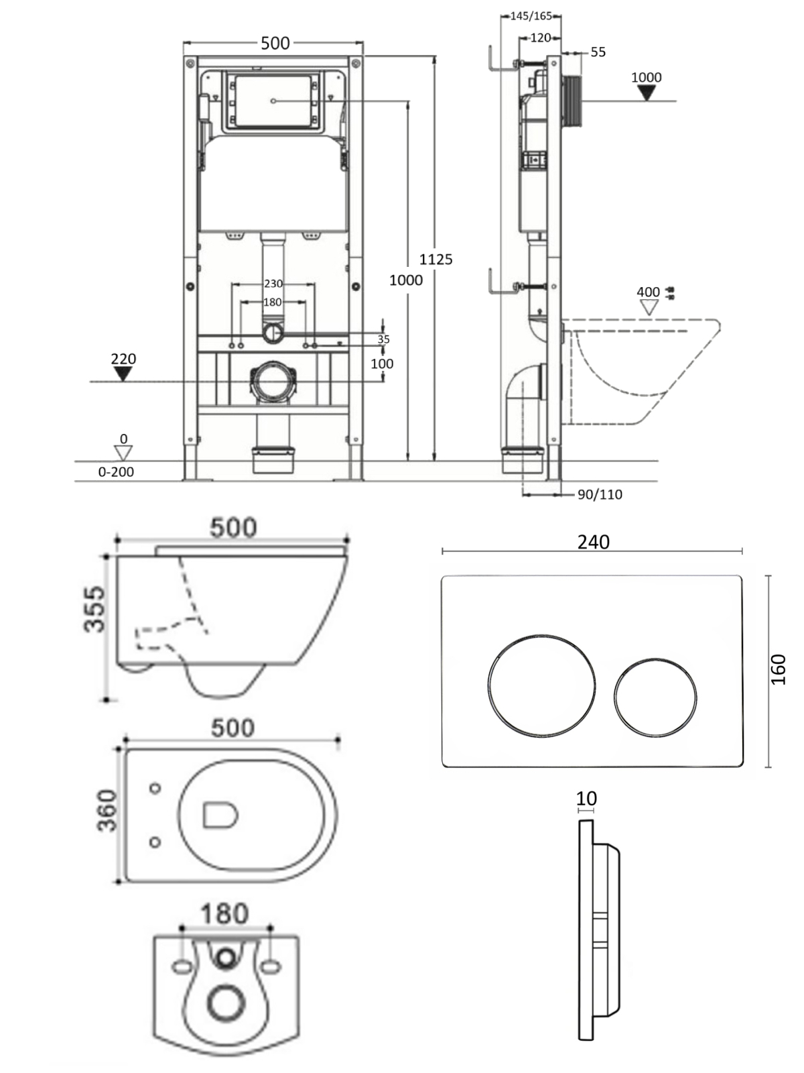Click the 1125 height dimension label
(x=436, y=259)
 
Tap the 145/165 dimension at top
(x=531, y=15)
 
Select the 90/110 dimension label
(x=600, y=494)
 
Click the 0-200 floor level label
(x=116, y=471)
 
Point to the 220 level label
(x=123, y=359)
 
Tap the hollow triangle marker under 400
(x=648, y=308)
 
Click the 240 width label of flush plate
(x=593, y=542)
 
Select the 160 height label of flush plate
(x=778, y=669)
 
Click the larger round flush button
(x=541, y=685)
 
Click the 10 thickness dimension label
(x=586, y=799)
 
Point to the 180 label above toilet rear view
(x=224, y=913)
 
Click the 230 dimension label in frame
(x=273, y=284)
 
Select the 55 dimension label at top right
(x=598, y=52)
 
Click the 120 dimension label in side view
(x=540, y=38)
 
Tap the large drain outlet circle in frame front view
(x=272, y=382)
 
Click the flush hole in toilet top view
(x=220, y=815)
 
